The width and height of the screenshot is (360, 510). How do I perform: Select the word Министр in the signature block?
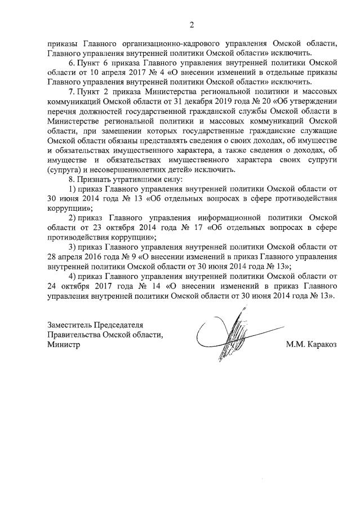64,345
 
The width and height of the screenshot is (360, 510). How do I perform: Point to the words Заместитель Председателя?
95,325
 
